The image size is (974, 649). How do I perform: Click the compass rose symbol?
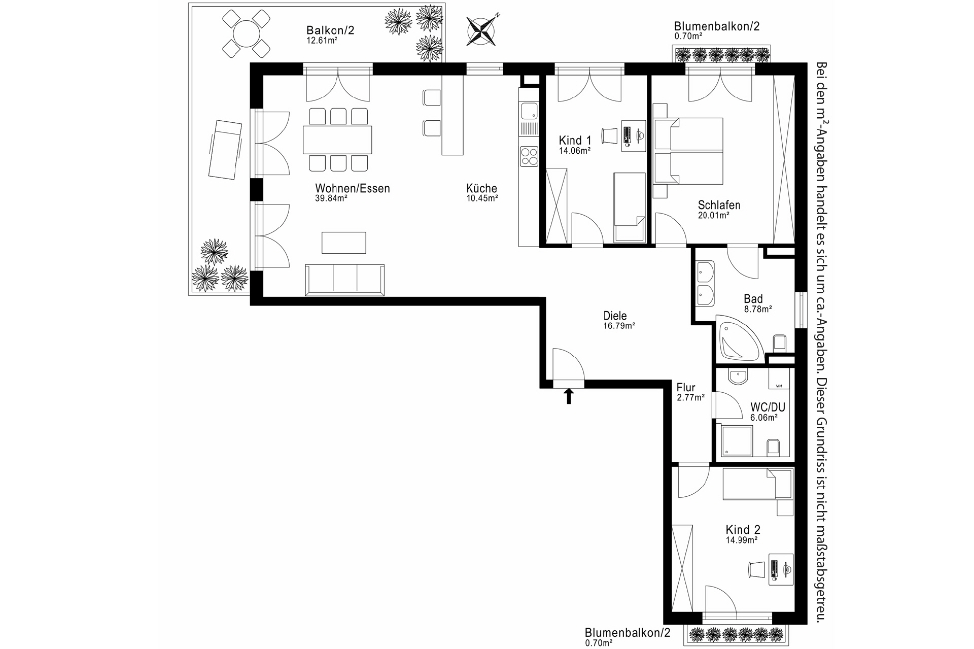(x=482, y=30)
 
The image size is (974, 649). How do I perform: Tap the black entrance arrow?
(x=569, y=396)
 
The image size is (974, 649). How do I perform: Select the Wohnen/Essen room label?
(x=352, y=189)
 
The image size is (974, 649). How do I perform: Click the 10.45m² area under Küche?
(x=482, y=198)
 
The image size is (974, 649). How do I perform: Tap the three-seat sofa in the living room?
(x=344, y=280)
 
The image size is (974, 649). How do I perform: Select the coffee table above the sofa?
(x=343, y=243)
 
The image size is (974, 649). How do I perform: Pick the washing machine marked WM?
(x=779, y=380)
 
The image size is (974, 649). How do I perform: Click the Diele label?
(x=615, y=316)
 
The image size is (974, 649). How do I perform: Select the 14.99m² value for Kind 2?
(x=741, y=540)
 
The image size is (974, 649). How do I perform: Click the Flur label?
(x=686, y=388)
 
